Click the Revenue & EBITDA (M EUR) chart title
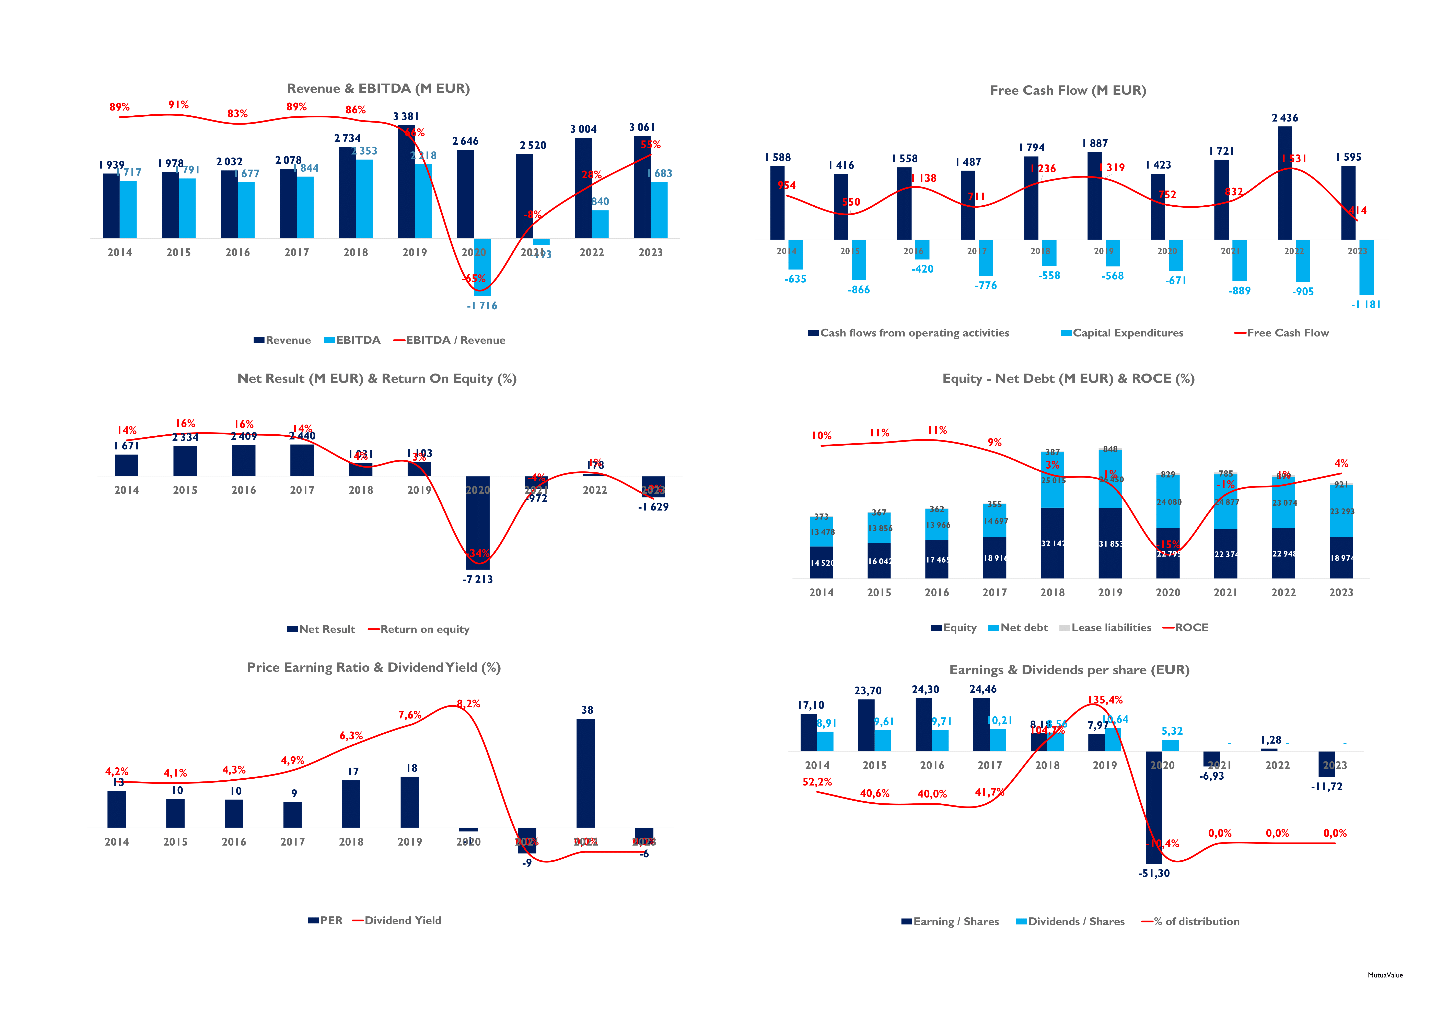pyautogui.click(x=378, y=89)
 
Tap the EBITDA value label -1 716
pyautogui.click(x=482, y=306)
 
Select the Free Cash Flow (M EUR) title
pyautogui.click(x=1068, y=90)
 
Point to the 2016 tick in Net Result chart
pyautogui.click(x=244, y=490)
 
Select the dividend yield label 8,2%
pyautogui.click(x=468, y=704)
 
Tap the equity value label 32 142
pyautogui.click(x=1053, y=544)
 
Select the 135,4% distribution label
pyautogui.click(x=1105, y=700)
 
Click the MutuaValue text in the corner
pyautogui.click(x=1385, y=975)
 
